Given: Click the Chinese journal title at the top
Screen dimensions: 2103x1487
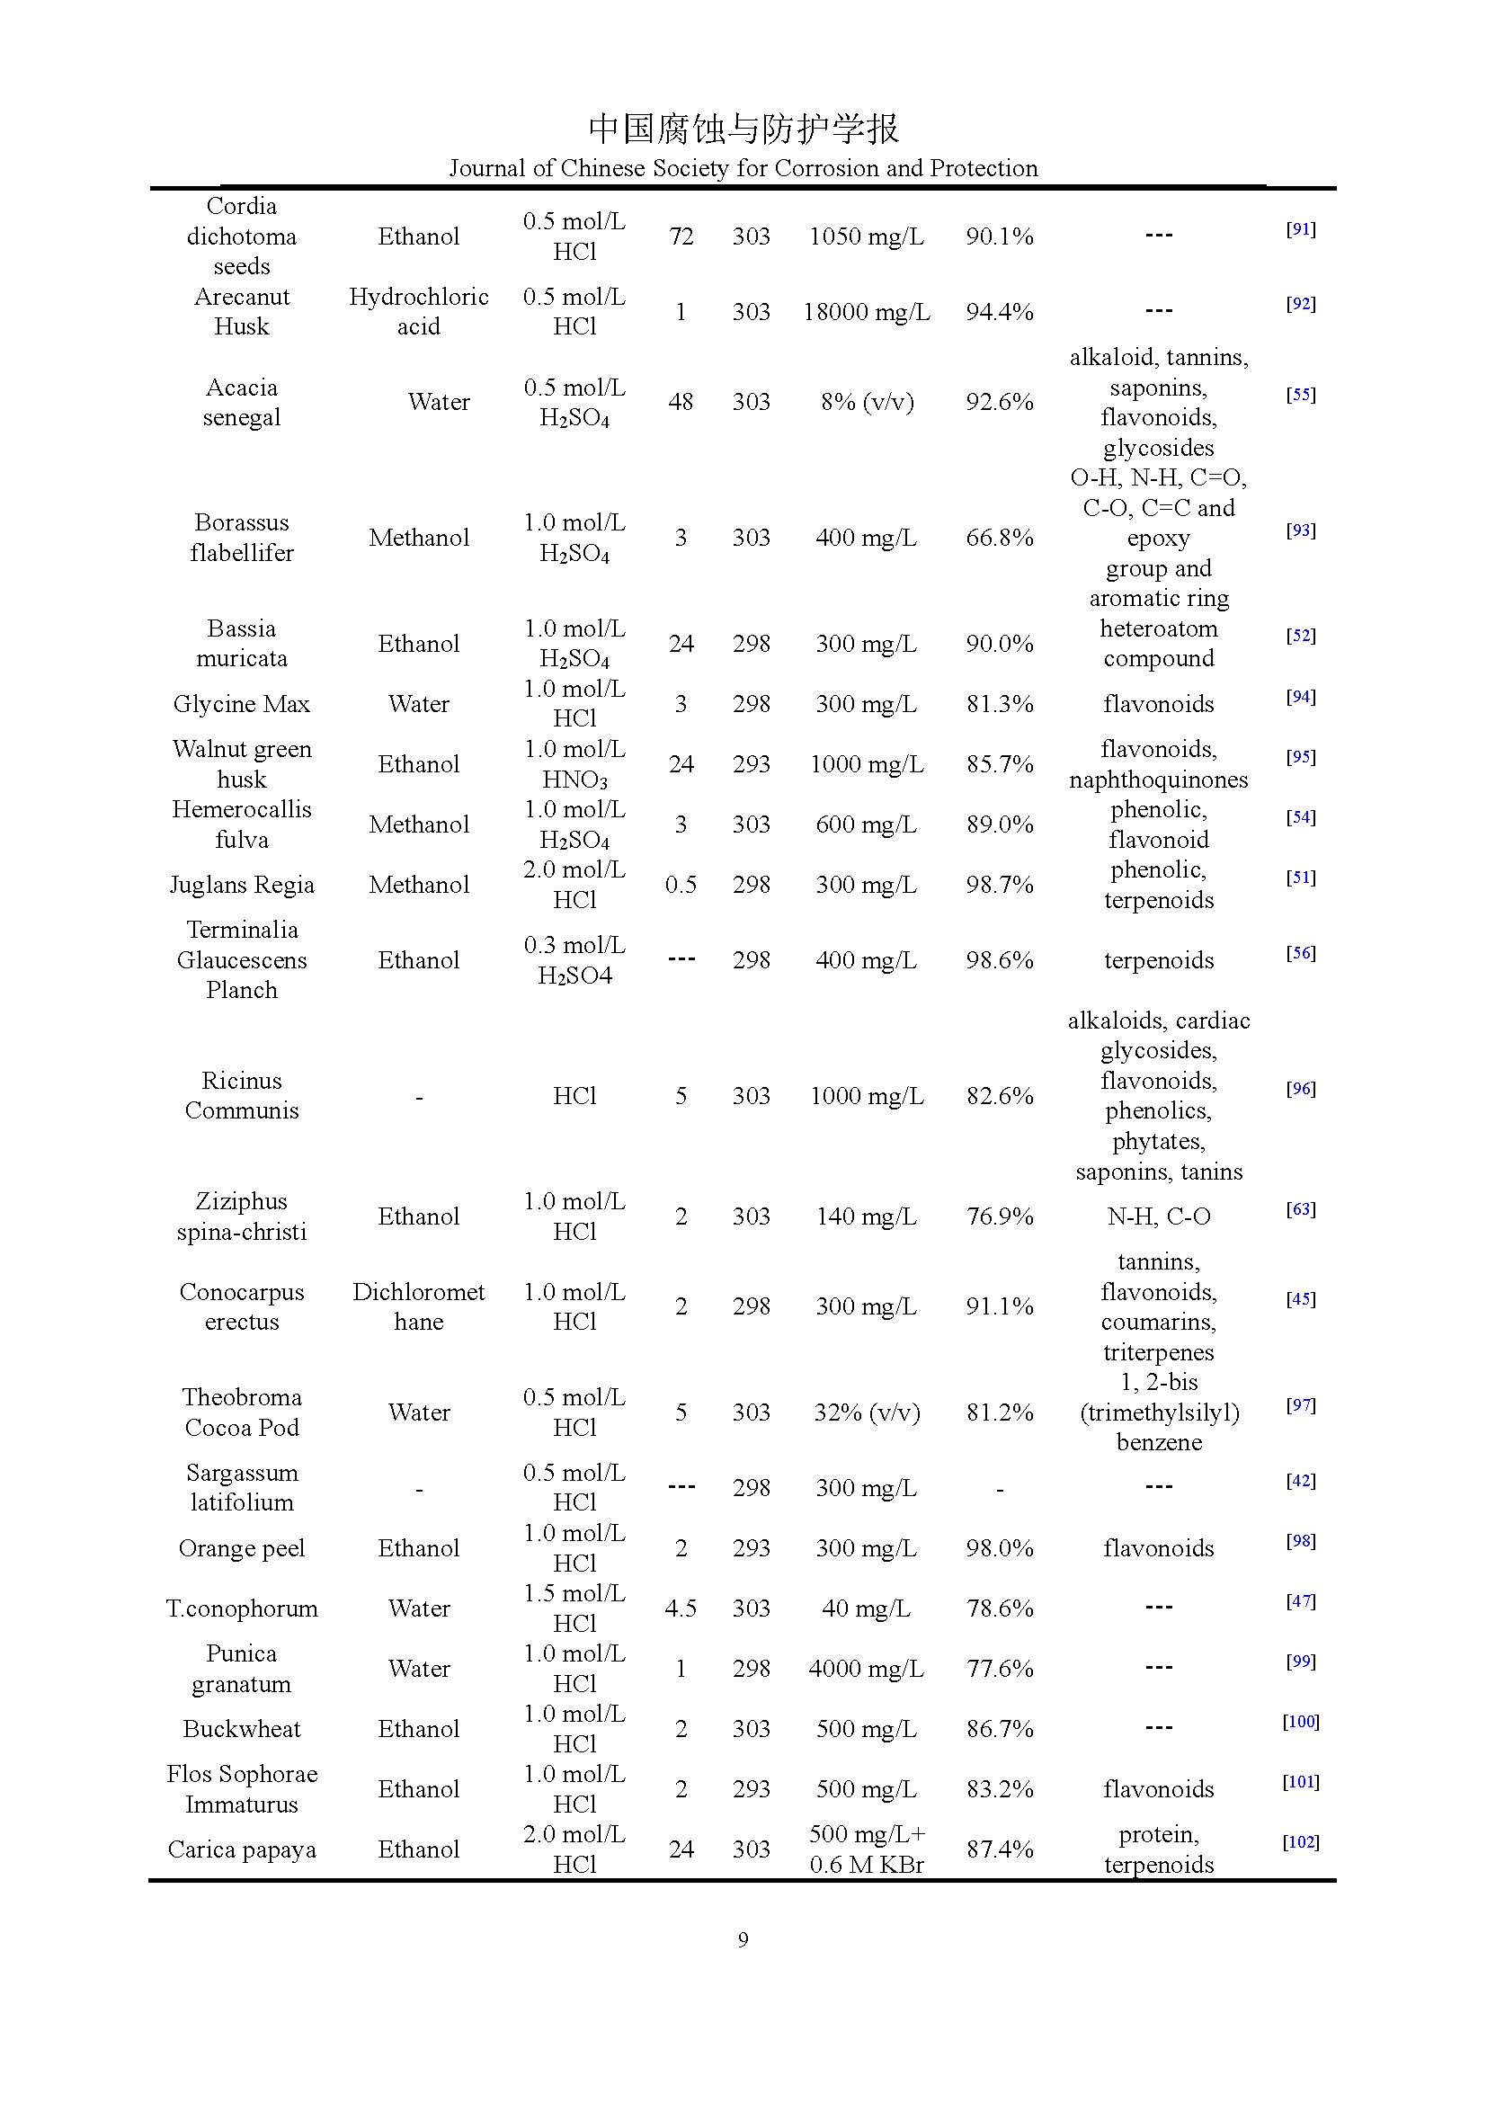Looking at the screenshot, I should tap(743, 129).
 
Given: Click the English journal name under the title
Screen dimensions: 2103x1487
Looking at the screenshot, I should tap(743, 168).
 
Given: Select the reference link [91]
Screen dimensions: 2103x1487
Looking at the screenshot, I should tap(1300, 229).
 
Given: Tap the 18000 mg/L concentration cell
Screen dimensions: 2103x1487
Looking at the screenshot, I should tap(866, 312).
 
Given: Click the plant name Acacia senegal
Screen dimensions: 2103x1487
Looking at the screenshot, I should tap(242, 402).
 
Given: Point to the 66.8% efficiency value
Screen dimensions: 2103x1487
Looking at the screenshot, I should tap(999, 538).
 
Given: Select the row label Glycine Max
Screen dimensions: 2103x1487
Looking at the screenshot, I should tap(242, 704).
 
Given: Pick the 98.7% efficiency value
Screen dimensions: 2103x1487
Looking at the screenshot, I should tap(999, 885).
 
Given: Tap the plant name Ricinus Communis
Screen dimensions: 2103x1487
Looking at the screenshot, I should tap(242, 1095).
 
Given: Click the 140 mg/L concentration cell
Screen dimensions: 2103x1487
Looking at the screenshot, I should tap(866, 1216).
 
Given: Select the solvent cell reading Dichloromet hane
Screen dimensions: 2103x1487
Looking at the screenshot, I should tap(418, 1306).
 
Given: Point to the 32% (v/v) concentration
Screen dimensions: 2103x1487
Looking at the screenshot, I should tap(866, 1412).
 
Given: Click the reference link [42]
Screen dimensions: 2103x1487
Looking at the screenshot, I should tap(1300, 1481).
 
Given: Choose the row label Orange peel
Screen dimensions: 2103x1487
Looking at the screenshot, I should tap(242, 1548).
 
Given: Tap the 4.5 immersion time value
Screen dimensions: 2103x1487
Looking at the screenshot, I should tap(681, 1608).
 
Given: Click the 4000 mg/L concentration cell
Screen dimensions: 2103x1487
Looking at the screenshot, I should tap(866, 1669).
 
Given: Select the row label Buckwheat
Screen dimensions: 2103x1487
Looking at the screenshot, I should tap(242, 1729).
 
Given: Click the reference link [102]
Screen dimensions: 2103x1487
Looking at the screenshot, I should tap(1300, 1842).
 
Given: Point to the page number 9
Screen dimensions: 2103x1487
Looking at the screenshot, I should tap(743, 1939).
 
